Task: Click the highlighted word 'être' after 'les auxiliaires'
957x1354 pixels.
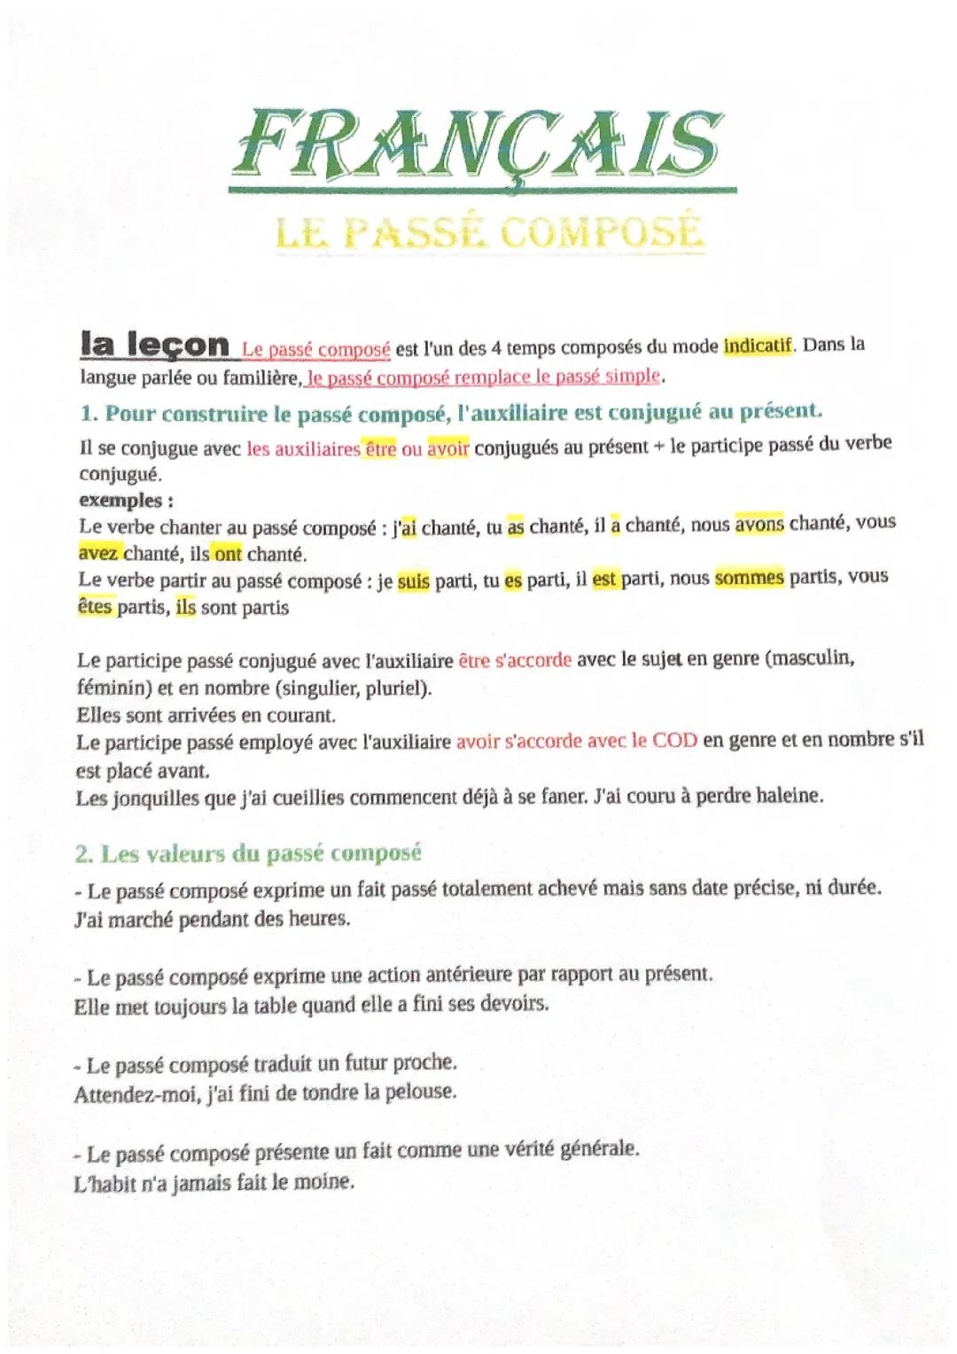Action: pos(380,448)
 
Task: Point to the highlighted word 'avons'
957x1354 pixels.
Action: pos(759,523)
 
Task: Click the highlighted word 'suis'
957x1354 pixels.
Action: pos(413,582)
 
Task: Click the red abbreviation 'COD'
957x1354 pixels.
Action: pos(674,740)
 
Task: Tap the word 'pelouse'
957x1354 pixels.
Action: pos(420,1092)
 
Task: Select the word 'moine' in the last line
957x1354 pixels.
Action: pos(325,1181)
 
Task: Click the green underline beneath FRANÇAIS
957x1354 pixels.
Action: pos(482,189)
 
